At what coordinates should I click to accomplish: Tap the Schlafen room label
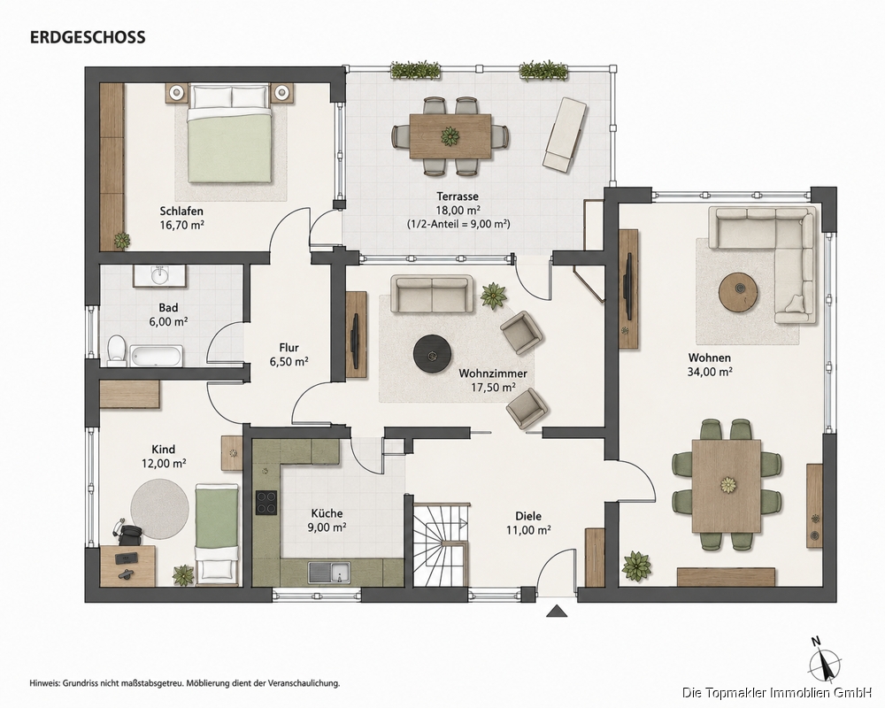click(x=181, y=212)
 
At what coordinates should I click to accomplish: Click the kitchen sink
click(x=329, y=572)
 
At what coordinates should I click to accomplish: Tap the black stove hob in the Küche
click(x=266, y=502)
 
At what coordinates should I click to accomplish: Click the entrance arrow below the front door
click(x=557, y=611)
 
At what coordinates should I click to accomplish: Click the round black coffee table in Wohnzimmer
click(x=434, y=355)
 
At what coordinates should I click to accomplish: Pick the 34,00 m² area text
click(x=710, y=372)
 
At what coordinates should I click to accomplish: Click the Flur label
click(x=289, y=348)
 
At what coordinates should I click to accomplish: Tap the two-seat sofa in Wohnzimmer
click(x=433, y=294)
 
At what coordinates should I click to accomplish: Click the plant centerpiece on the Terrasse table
click(x=450, y=136)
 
